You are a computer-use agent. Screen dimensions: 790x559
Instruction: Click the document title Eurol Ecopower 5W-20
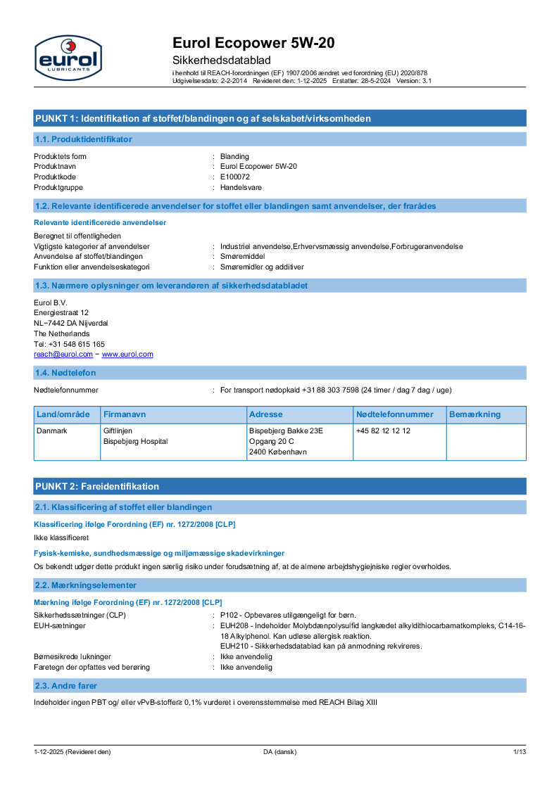pyautogui.click(x=253, y=43)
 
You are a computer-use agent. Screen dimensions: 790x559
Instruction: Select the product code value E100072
pyautogui.click(x=234, y=177)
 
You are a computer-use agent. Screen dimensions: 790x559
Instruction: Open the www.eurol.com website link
pyautogui.click(x=127, y=355)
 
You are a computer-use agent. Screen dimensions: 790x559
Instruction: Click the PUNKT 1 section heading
pyautogui.click(x=203, y=118)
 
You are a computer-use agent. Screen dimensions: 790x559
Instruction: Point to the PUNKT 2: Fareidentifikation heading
pyautogui.click(x=97, y=486)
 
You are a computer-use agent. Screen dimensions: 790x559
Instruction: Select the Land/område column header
pyautogui.click(x=63, y=414)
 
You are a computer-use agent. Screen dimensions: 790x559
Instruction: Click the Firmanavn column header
pyautogui.click(x=125, y=414)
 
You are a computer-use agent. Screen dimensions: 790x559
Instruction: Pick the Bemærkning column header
pyautogui.click(x=475, y=414)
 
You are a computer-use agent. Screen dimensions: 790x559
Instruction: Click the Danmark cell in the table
pyautogui.click(x=52, y=431)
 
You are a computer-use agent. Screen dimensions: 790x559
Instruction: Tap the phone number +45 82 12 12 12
pyautogui.click(x=383, y=431)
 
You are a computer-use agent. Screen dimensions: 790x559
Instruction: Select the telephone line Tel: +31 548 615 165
pyautogui.click(x=69, y=344)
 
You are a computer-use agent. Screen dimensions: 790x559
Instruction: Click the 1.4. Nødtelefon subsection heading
pyautogui.click(x=65, y=372)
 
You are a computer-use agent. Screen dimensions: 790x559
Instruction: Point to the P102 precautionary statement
pyautogui.click(x=288, y=615)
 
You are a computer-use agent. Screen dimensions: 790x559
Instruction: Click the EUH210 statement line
pyautogui.click(x=320, y=646)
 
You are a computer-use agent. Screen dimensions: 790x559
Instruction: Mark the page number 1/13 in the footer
pyautogui.click(x=519, y=752)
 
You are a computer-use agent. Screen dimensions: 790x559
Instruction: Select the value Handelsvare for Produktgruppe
pyautogui.click(x=241, y=187)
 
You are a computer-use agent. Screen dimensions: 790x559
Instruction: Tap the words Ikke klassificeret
pyautogui.click(x=61, y=537)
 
